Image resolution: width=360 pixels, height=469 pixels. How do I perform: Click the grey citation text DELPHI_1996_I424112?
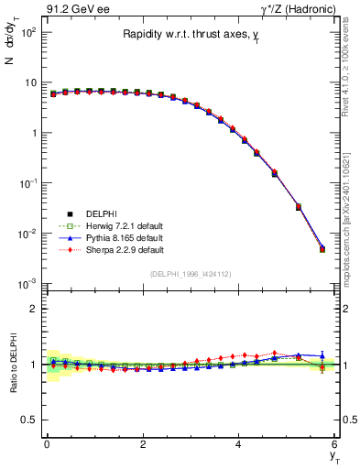point(191,273)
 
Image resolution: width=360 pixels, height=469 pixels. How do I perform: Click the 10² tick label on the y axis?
point(27,32)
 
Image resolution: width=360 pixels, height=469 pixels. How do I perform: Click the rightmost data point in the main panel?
point(322,249)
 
